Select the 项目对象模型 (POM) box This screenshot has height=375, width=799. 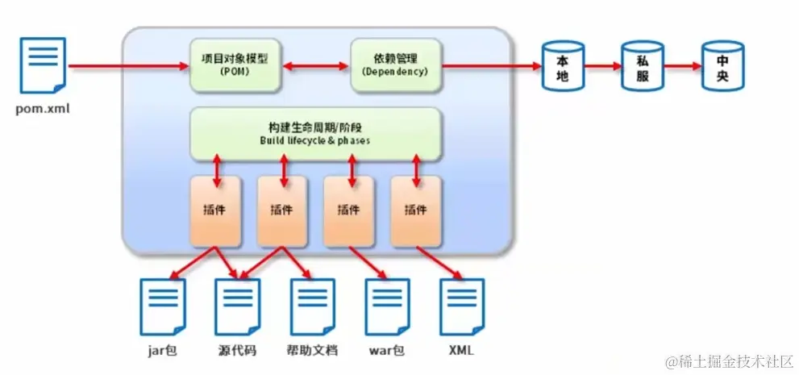(x=235, y=65)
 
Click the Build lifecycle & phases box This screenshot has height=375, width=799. (x=315, y=134)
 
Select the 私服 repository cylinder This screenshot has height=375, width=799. (x=643, y=65)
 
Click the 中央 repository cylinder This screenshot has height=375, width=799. (x=722, y=65)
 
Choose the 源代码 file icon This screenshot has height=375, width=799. (x=237, y=306)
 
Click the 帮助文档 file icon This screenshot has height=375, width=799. (x=312, y=306)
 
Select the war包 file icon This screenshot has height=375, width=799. (x=387, y=306)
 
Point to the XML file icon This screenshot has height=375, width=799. (x=461, y=306)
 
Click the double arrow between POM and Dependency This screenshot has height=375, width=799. (x=315, y=65)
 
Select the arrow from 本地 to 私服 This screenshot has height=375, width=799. (x=603, y=65)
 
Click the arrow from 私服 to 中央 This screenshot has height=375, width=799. (x=682, y=65)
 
